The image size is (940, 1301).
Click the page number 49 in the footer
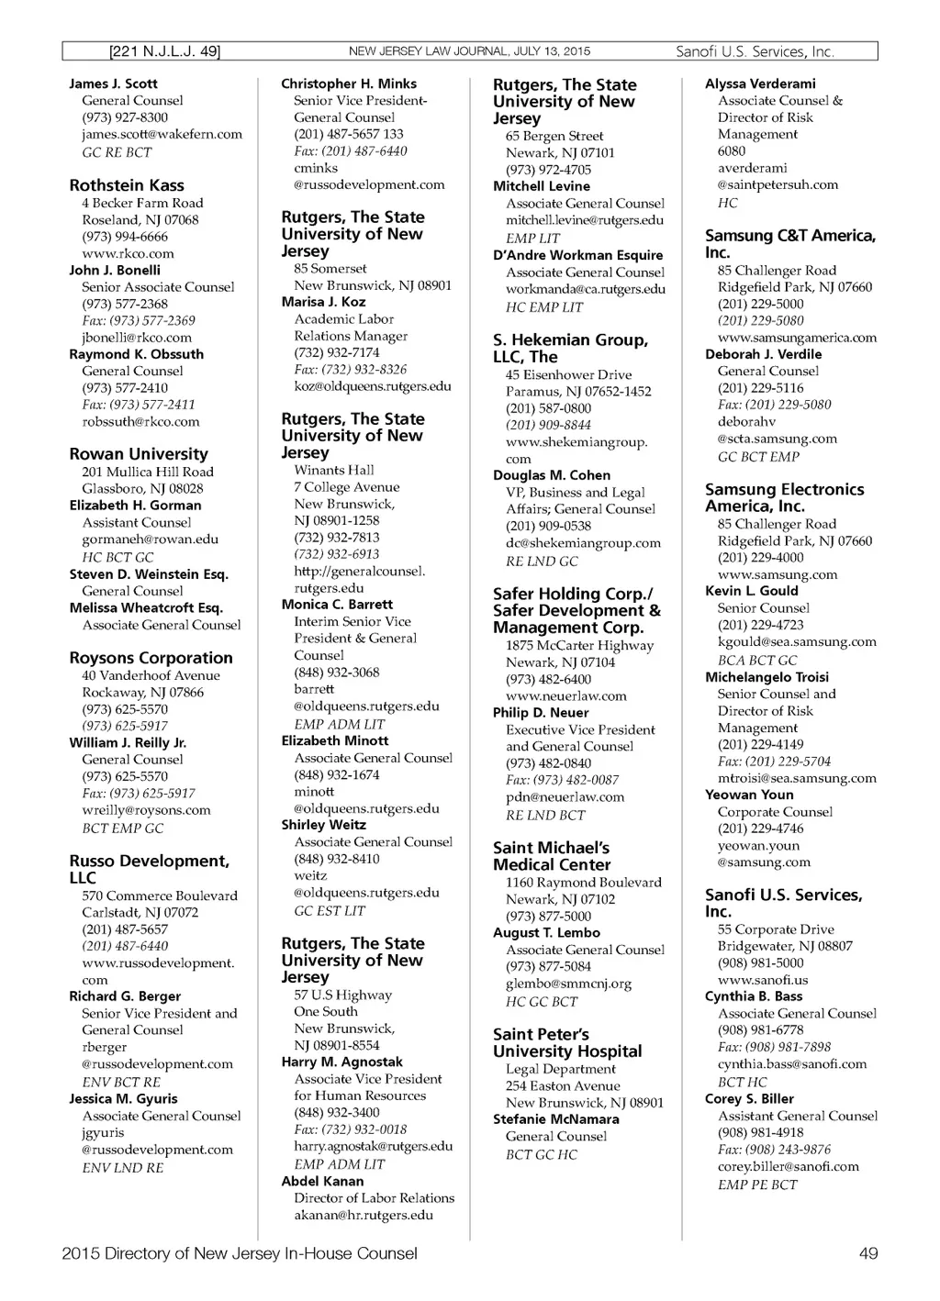point(867,1253)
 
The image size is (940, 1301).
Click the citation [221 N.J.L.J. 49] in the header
point(165,51)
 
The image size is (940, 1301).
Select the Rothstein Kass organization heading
point(127,185)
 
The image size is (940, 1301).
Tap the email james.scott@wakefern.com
point(162,134)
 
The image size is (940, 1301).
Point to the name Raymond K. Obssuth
point(137,354)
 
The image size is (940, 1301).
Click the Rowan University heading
point(139,454)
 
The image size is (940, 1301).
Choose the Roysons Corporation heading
point(151,658)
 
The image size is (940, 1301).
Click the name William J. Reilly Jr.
point(128,742)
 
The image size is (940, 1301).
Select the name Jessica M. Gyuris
point(124,1098)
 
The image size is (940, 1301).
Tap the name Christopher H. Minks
point(349,83)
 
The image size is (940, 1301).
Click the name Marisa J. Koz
point(323,302)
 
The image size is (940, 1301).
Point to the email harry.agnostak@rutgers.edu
point(374,1146)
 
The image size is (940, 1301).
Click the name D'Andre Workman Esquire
point(577,255)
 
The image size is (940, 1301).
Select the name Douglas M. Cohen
point(552,475)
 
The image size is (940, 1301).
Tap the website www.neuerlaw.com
point(566,695)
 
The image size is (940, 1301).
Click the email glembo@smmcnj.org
point(569,984)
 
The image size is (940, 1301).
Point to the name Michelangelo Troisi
point(767,677)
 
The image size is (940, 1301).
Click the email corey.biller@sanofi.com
point(789,1167)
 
